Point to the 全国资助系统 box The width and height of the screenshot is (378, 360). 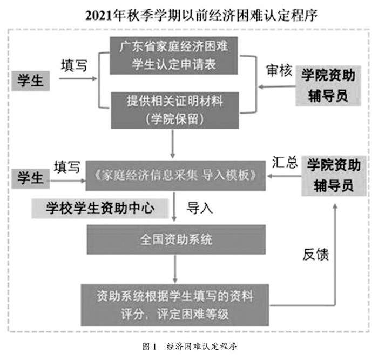click(175, 238)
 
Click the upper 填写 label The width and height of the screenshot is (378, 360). click(74, 65)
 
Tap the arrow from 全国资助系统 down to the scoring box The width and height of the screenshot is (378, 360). click(175, 269)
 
